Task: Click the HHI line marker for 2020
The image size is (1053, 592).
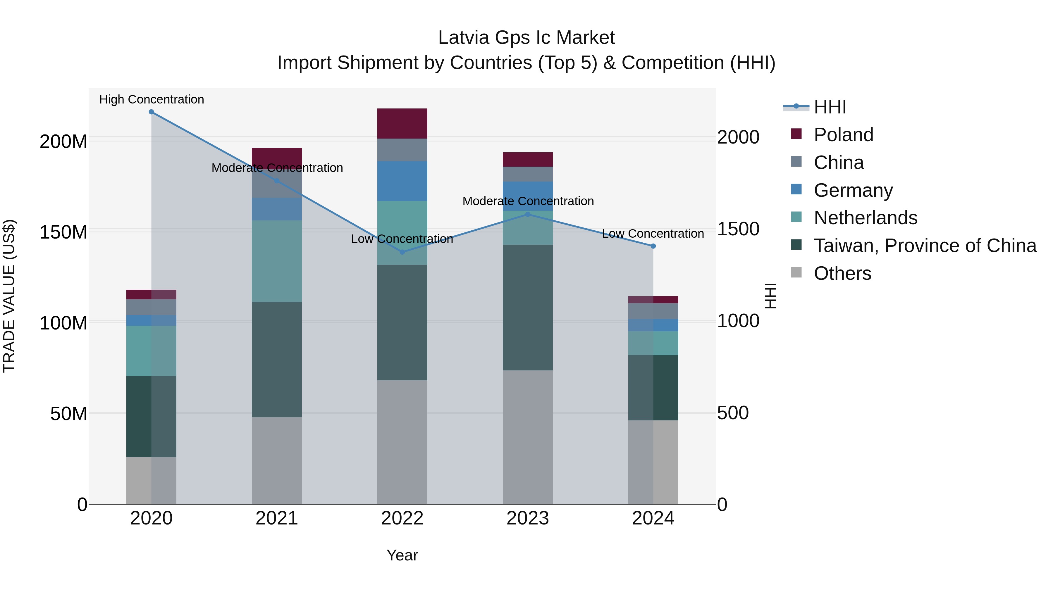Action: pyautogui.click(x=151, y=112)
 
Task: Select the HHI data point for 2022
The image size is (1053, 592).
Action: pyautogui.click(x=402, y=252)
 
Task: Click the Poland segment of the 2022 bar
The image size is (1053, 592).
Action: pyautogui.click(x=402, y=123)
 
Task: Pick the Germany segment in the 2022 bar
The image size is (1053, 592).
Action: pyautogui.click(x=402, y=181)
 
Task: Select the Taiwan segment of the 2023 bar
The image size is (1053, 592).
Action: pyautogui.click(x=528, y=307)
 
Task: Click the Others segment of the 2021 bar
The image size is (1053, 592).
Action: pyautogui.click(x=277, y=460)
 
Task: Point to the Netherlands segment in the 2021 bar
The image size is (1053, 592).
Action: pyautogui.click(x=277, y=261)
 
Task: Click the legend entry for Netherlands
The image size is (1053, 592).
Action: pyautogui.click(x=866, y=218)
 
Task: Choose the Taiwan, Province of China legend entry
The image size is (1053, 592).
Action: pyautogui.click(x=925, y=246)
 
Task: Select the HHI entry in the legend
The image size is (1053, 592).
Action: pyautogui.click(x=830, y=107)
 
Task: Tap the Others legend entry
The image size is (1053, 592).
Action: pyautogui.click(x=842, y=273)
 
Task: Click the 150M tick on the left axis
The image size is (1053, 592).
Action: pyautogui.click(x=63, y=232)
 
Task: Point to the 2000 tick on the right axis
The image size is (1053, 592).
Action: pyautogui.click(x=738, y=137)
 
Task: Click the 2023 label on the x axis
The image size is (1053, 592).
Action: pyautogui.click(x=528, y=518)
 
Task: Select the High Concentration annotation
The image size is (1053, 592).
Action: pyautogui.click(x=152, y=99)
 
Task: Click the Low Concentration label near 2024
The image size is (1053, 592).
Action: pyautogui.click(x=653, y=234)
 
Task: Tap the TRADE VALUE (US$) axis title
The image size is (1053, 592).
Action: pyautogui.click(x=9, y=296)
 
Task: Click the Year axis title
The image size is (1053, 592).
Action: pyautogui.click(x=402, y=555)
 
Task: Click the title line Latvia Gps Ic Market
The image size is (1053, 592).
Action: pyautogui.click(x=526, y=38)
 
